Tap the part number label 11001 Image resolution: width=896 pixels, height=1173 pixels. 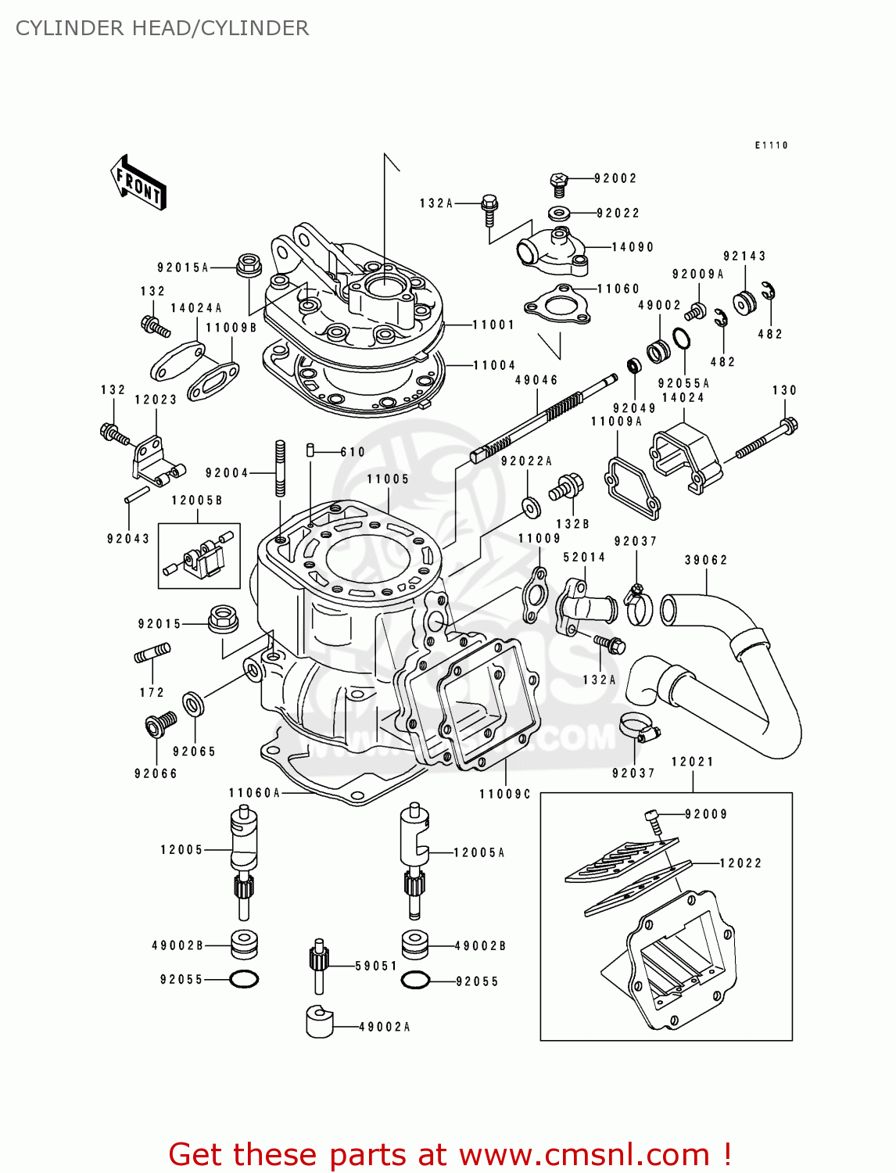[x=493, y=325]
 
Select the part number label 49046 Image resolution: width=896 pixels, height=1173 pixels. [x=536, y=380]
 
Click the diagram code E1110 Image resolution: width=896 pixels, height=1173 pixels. [x=771, y=145]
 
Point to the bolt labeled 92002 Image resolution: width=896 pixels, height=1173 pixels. [x=559, y=184]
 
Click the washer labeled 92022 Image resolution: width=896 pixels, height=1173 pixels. [x=559, y=212]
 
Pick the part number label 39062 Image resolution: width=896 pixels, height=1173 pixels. [x=706, y=560]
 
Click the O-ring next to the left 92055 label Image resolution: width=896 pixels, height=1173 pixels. [x=244, y=979]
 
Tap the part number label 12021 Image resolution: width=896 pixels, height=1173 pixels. [x=692, y=762]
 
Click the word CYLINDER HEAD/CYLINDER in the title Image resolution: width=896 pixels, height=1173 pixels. [x=162, y=28]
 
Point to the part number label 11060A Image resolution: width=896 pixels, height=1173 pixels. [x=254, y=793]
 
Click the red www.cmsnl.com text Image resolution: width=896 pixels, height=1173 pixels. [x=583, y=1154]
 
